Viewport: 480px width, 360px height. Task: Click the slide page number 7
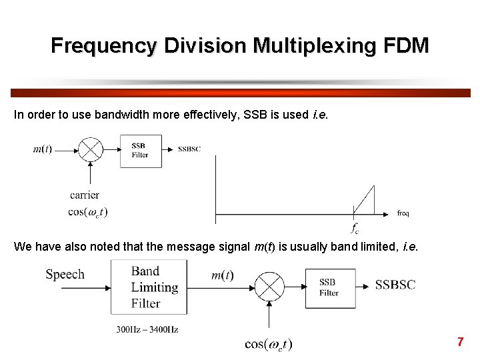point(460,342)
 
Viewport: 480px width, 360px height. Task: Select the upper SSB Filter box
point(140,151)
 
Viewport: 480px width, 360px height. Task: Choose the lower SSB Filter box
point(330,288)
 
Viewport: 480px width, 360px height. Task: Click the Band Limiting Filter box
point(148,287)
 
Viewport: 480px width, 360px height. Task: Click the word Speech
point(65,274)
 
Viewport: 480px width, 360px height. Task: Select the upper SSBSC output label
point(189,149)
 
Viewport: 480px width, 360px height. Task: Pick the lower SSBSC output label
point(395,285)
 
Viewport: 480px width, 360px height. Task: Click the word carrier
point(85,195)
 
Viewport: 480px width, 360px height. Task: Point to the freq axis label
point(403,213)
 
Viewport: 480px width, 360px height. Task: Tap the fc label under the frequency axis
point(355,227)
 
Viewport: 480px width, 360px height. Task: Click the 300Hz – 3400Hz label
point(147,329)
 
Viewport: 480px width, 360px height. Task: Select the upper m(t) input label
point(43,149)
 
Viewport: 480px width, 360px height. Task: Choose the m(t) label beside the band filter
point(222,275)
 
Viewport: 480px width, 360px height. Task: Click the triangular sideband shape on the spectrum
point(367,202)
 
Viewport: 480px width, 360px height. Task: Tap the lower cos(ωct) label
point(269,344)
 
